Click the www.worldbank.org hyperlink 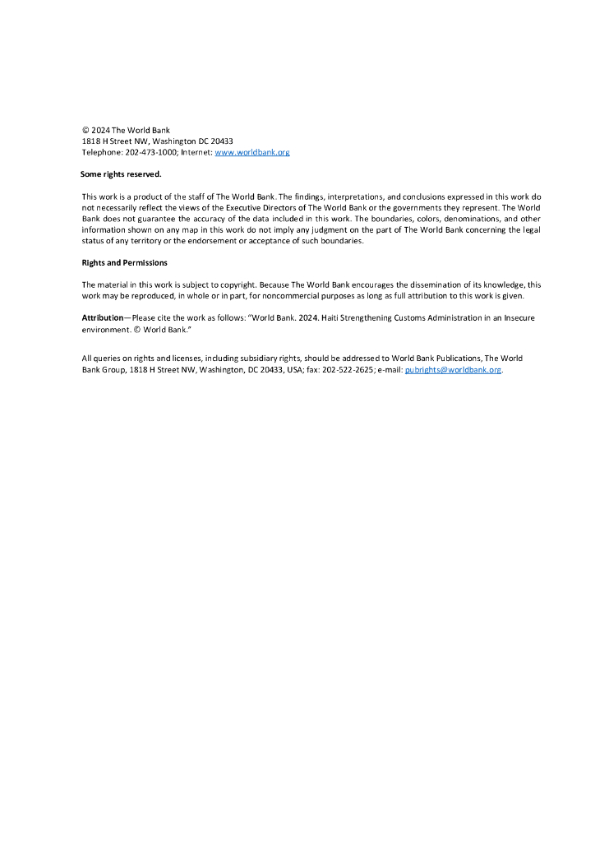tap(251, 153)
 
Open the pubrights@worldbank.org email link tap(453, 370)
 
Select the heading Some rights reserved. tap(121, 174)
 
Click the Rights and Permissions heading tap(124, 262)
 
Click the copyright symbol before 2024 tap(85, 131)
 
